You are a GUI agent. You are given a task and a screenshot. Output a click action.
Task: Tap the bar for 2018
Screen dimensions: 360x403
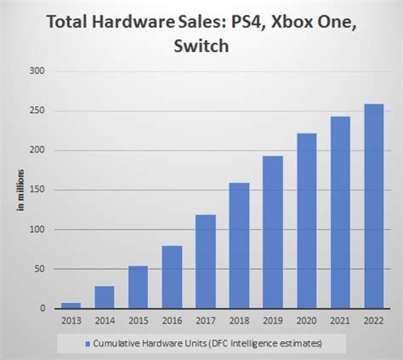pyautogui.click(x=239, y=246)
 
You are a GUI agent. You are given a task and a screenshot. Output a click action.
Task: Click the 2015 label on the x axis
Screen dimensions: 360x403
pyautogui.click(x=138, y=322)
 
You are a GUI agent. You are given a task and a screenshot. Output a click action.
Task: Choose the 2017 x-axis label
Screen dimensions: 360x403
pyautogui.click(x=205, y=322)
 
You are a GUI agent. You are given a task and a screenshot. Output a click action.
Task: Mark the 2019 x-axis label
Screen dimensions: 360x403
pyautogui.click(x=272, y=322)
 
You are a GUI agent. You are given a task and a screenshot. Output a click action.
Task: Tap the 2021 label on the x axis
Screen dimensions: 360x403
pyautogui.click(x=339, y=322)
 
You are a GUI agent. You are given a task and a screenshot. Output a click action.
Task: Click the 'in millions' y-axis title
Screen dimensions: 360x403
pyautogui.click(x=18, y=189)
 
